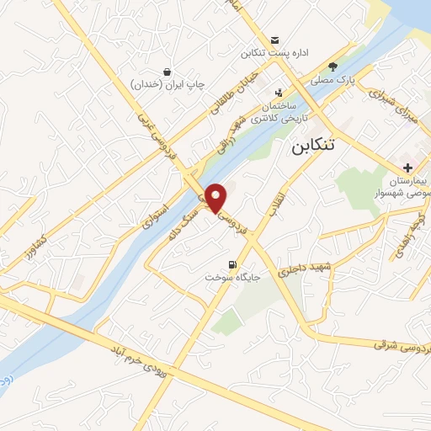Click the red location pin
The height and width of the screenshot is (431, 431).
point(216,198)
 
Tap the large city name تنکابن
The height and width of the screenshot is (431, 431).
point(311,145)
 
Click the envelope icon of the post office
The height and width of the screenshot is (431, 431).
point(275,40)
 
